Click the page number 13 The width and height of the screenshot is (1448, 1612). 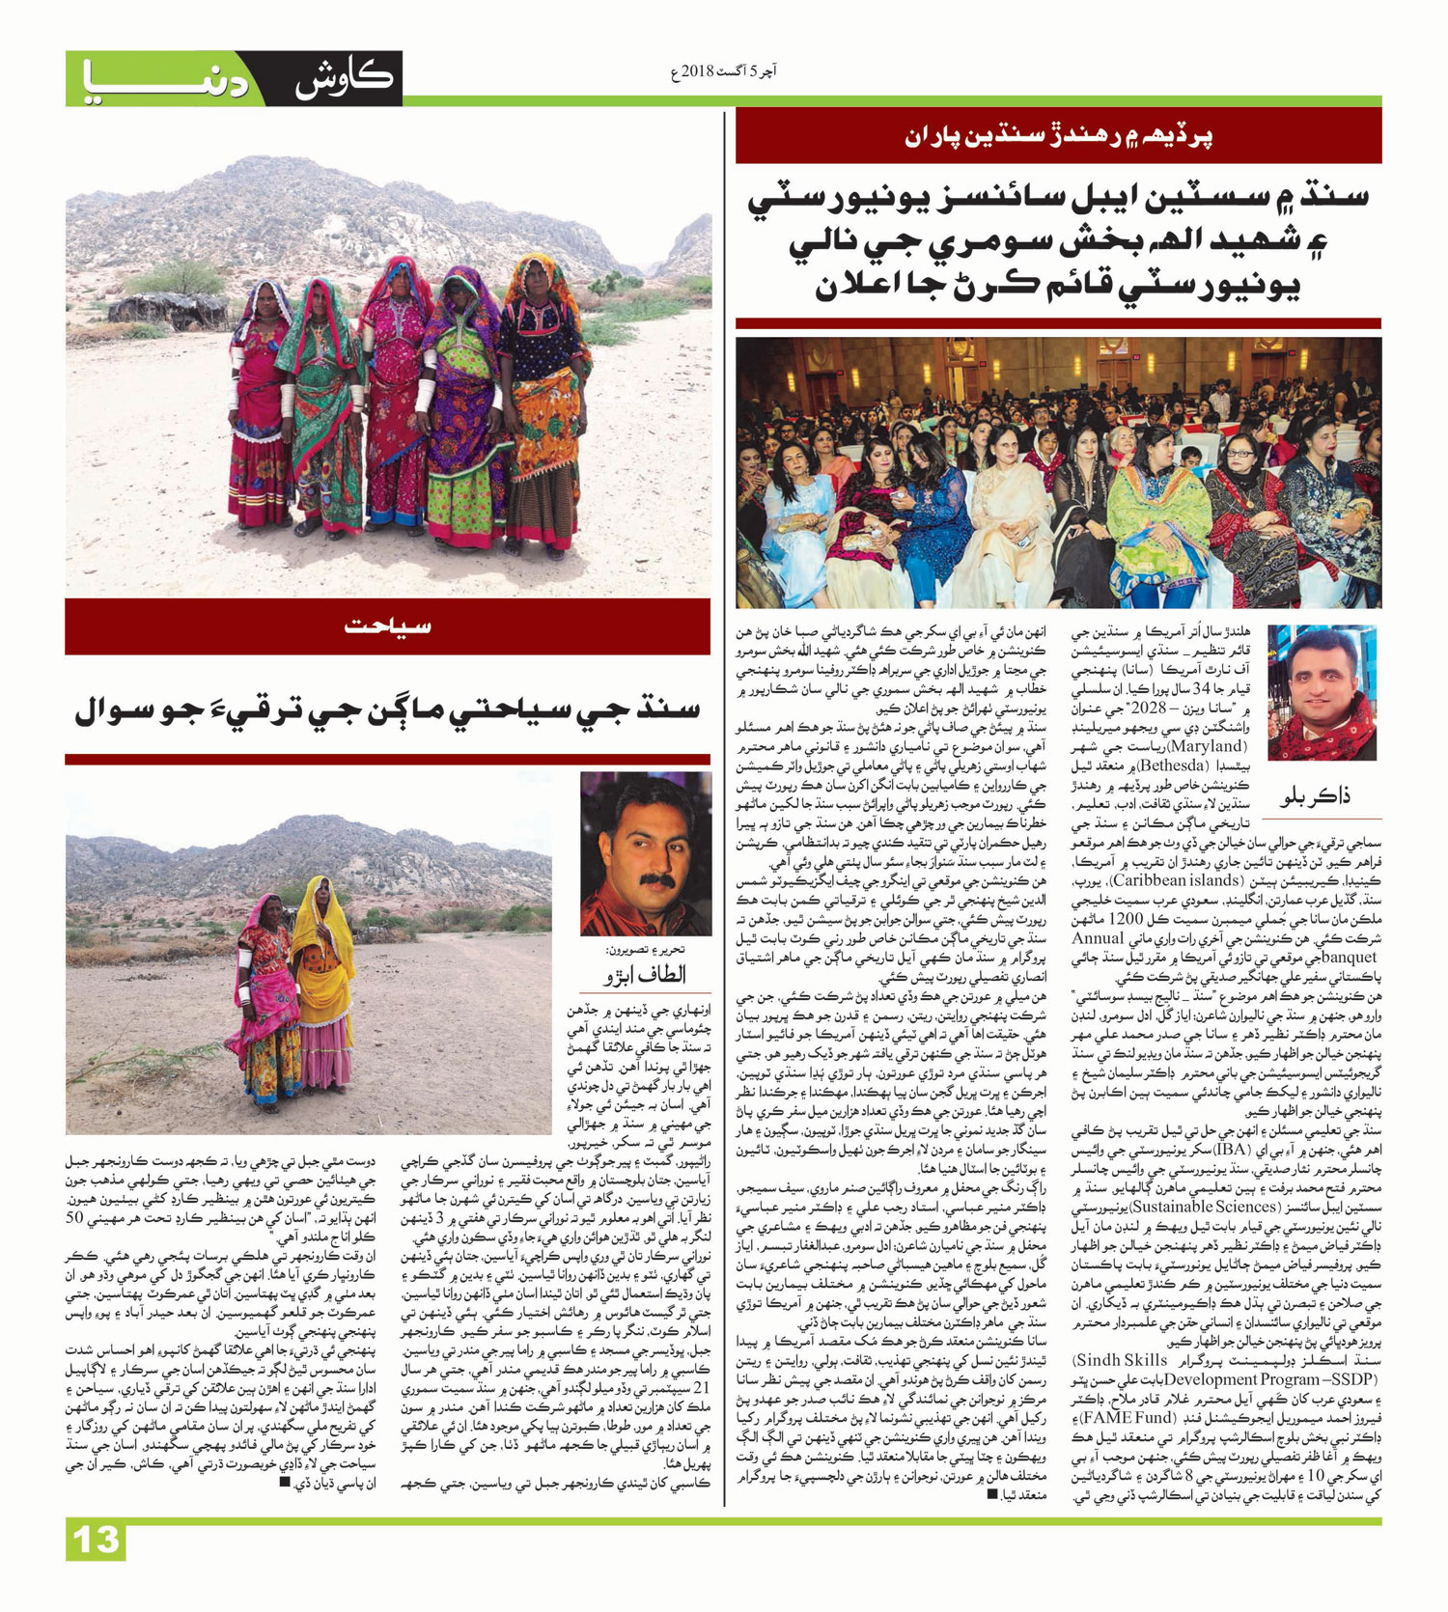97,1540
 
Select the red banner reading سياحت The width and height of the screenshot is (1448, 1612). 388,626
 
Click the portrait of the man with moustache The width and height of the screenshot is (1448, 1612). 645,853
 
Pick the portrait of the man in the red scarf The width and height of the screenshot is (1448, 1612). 1321,692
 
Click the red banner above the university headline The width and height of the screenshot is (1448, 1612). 1058,135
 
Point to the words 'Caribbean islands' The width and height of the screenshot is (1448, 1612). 1158,880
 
